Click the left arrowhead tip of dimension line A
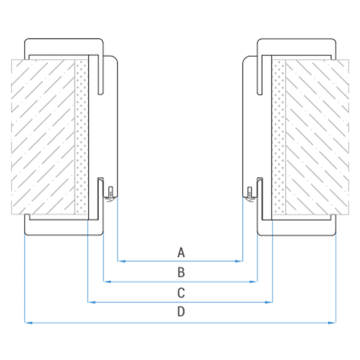point(118,261)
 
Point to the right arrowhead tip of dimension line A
point(243,261)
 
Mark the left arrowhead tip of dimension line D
point(25,323)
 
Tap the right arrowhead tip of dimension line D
point(336,323)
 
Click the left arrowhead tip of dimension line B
point(104,282)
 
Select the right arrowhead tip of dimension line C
point(273,302)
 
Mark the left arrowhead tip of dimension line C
point(88,302)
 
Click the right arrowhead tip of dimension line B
point(257,282)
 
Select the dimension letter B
point(181,272)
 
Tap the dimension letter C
point(181,293)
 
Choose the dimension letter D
point(181,311)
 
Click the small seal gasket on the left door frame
point(111,194)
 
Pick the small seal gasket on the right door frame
point(250,194)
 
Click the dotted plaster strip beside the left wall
point(82,137)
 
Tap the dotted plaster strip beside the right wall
point(279,137)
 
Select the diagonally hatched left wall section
point(43,137)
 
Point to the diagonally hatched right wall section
point(317,137)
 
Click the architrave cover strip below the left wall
point(64,225)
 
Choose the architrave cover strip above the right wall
point(296,49)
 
